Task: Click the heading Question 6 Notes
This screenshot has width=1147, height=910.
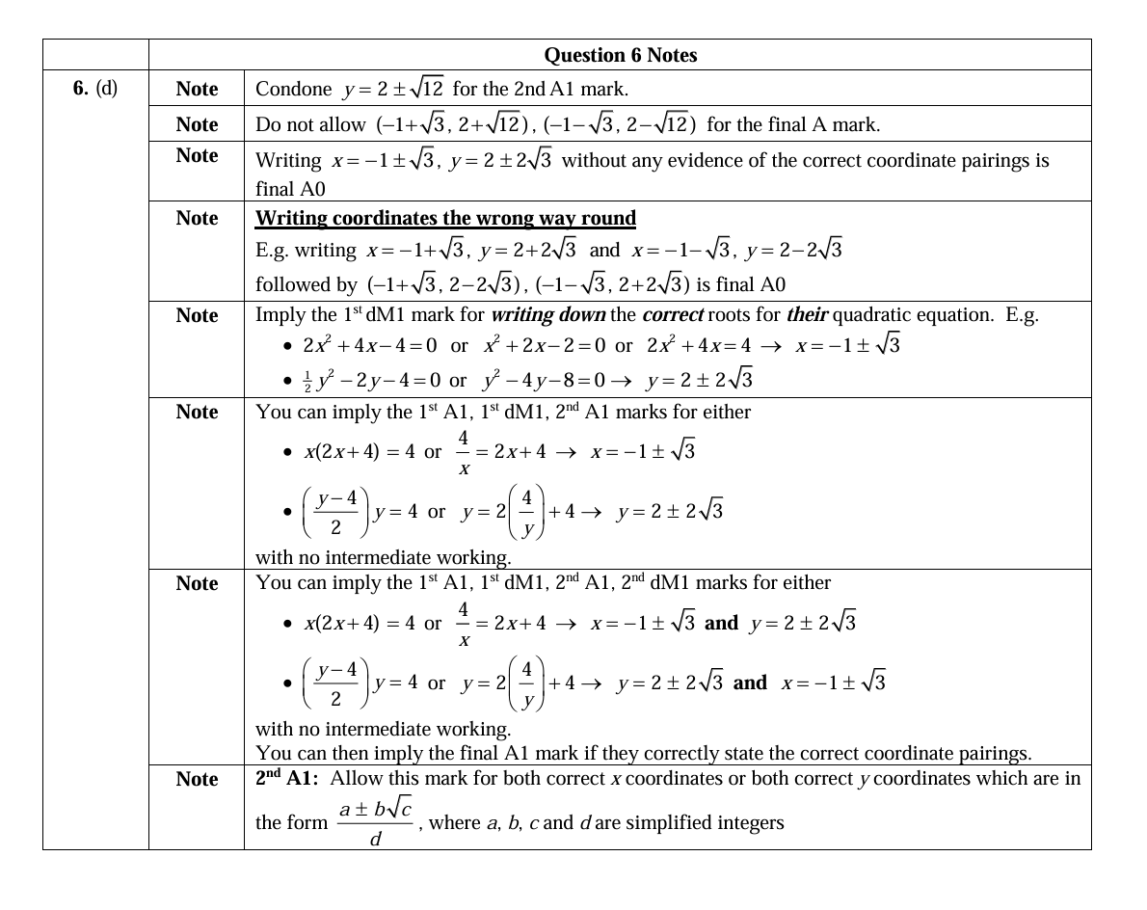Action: [620, 55]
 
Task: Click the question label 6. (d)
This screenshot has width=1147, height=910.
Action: [95, 89]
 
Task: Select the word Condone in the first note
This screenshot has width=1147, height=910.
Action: [293, 90]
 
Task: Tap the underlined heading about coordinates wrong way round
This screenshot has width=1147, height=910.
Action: [445, 218]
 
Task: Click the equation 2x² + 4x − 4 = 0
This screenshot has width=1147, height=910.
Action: [370, 345]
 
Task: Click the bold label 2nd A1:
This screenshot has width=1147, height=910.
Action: [289, 779]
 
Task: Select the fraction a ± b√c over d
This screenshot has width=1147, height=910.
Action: [376, 823]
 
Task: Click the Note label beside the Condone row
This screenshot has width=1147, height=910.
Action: [197, 90]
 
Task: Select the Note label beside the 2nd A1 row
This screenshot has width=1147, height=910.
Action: [197, 780]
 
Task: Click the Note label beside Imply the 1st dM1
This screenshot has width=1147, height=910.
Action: [197, 316]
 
